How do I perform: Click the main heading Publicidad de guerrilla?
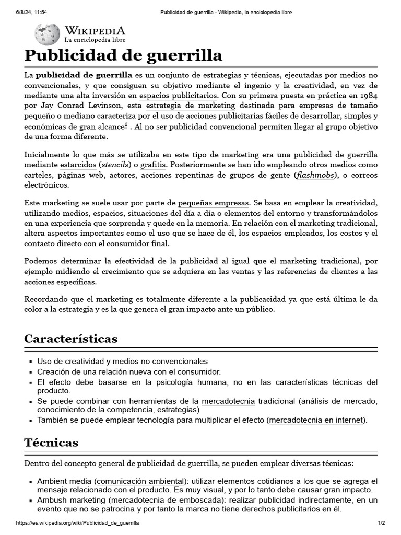(x=124, y=55)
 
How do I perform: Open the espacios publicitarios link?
(x=178, y=96)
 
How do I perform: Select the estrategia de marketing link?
(x=191, y=106)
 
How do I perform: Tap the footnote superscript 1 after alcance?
(x=126, y=125)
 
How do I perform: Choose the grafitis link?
(x=153, y=165)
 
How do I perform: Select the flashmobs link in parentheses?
(x=317, y=175)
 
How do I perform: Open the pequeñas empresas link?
(x=214, y=202)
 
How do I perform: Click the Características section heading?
(x=71, y=339)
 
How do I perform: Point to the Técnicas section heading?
(x=51, y=443)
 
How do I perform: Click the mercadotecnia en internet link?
(x=316, y=420)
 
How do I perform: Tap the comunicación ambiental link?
(x=140, y=481)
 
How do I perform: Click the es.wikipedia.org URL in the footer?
(x=78, y=523)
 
